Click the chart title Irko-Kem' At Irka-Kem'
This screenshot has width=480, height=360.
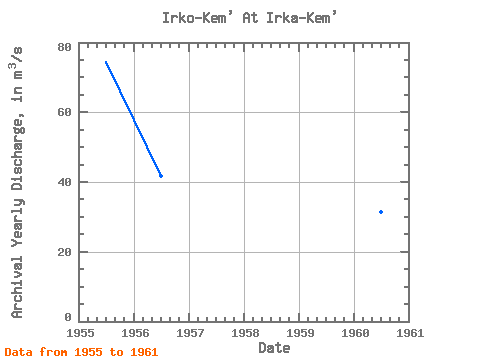[250, 17]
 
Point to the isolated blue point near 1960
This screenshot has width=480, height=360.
[381, 212]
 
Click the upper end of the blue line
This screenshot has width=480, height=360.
[106, 62]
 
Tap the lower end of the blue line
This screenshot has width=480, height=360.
[161, 176]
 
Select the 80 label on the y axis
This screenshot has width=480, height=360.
[64, 47]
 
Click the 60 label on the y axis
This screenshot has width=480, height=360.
[64, 112]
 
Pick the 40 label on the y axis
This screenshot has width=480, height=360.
[64, 182]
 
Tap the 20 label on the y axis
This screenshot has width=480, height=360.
[64, 252]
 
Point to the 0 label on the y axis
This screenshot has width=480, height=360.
[68, 317]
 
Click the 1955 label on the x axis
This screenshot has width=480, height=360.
[80, 333]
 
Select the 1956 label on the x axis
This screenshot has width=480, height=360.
[135, 333]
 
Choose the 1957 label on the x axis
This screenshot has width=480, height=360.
[190, 333]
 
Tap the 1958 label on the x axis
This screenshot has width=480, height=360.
[245, 333]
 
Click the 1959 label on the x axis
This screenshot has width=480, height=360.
[300, 333]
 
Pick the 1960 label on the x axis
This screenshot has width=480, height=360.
[355, 333]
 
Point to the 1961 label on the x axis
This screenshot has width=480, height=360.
[410, 333]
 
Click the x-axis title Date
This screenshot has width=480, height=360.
[274, 348]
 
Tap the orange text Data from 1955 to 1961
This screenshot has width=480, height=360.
[81, 352]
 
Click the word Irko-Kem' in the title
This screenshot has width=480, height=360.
[197, 17]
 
